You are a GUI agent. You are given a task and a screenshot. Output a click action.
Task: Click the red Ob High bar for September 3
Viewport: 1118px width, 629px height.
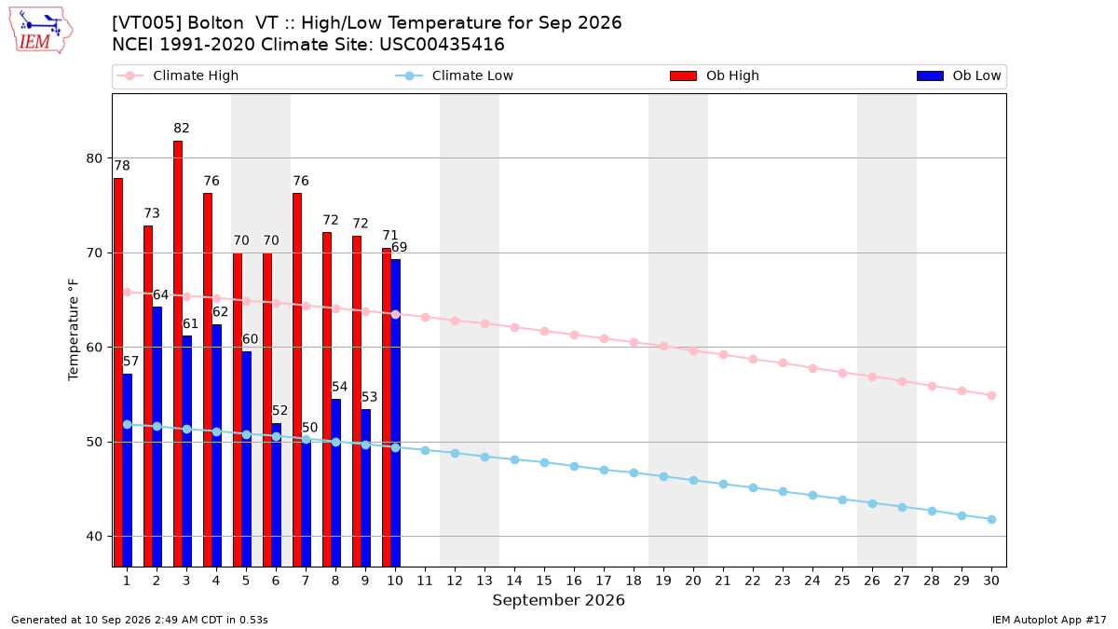(178, 353)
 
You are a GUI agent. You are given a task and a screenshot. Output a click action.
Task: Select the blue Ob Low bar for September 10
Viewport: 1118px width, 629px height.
(395, 413)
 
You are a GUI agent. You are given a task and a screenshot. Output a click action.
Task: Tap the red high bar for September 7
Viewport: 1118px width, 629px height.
(297, 380)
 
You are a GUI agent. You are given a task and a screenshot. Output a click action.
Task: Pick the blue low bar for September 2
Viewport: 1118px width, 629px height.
(157, 437)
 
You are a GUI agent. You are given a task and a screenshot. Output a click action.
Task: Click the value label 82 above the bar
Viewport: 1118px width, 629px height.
(182, 129)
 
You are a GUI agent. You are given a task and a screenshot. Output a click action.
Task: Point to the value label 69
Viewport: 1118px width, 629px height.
(400, 247)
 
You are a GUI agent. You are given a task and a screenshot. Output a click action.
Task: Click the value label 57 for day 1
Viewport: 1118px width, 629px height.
(130, 362)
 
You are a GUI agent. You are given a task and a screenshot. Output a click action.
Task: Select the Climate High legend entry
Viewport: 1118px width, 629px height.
(177, 75)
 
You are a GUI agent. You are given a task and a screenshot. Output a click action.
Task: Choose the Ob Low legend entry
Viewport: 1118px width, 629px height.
(959, 75)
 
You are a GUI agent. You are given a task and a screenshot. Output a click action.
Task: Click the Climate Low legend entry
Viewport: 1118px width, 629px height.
(455, 75)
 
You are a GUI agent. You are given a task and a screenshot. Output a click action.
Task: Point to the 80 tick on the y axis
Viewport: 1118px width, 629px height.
(94, 158)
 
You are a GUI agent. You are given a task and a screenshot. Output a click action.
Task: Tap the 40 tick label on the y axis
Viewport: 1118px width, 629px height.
(94, 537)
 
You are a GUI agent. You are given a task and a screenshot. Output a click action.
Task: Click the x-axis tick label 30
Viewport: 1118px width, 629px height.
(991, 581)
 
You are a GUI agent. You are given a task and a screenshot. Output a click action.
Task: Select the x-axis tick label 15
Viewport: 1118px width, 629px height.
(544, 581)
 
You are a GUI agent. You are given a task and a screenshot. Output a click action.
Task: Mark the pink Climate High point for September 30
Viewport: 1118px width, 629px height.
(991, 395)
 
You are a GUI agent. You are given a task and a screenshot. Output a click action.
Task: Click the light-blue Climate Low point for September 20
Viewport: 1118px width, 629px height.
(693, 480)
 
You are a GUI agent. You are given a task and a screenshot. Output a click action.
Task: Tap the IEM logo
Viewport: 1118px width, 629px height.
(41, 31)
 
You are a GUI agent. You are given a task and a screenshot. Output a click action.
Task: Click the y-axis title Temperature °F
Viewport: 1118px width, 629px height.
(74, 330)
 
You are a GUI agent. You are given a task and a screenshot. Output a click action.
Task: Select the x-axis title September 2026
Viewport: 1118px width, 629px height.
(558, 600)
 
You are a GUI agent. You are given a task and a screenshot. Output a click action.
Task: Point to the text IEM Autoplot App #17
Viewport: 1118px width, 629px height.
(1049, 620)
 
